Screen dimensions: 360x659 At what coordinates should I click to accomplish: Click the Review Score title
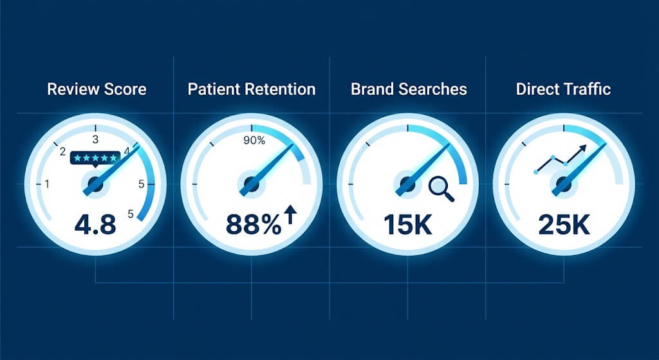tap(97, 89)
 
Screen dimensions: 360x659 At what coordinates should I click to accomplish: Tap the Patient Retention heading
tap(252, 89)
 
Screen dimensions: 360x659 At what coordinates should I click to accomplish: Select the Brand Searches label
tap(409, 89)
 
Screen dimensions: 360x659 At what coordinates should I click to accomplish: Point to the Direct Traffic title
tap(563, 89)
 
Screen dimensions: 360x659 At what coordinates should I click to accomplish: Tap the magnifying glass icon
tap(441, 188)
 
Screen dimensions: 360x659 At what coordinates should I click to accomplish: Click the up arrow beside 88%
tap(290, 214)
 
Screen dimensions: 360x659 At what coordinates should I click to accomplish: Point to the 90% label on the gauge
tap(252, 140)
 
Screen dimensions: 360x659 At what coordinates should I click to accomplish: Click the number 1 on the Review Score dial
tap(47, 184)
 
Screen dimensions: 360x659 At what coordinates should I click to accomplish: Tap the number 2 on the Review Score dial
tap(62, 152)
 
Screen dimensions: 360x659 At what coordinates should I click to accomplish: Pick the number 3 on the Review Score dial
tap(95, 138)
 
